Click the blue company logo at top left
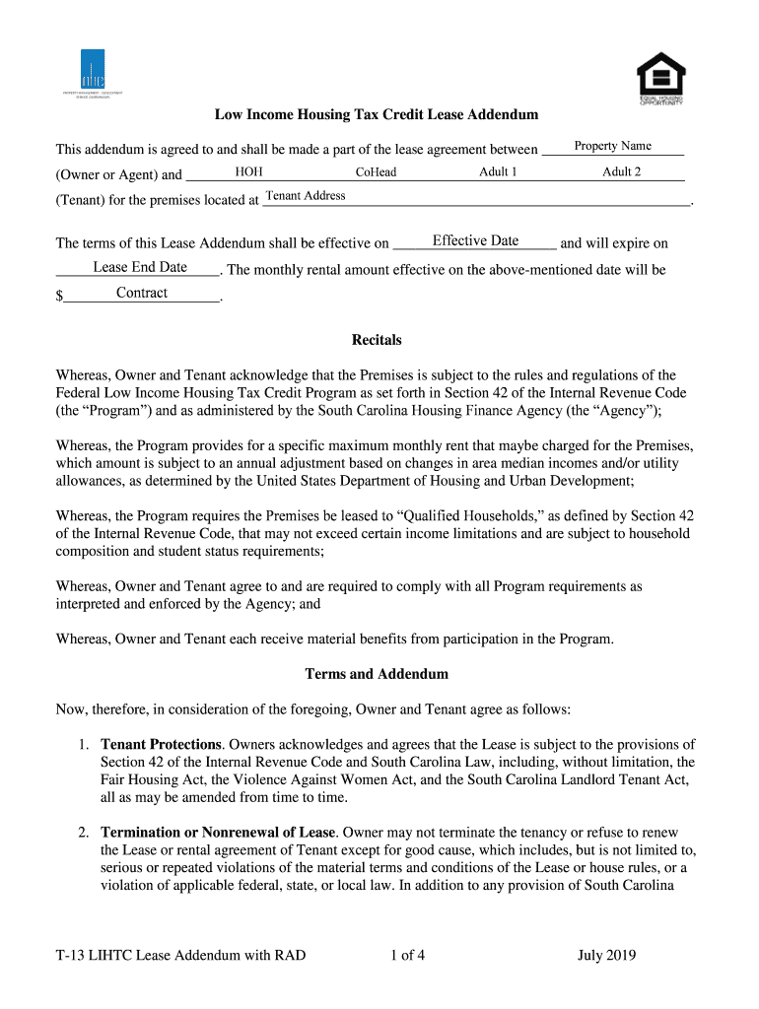92,70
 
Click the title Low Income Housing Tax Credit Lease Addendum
377,115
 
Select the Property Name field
613,147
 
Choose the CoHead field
376,172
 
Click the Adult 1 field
499,172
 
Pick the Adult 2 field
621,172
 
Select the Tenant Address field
306,196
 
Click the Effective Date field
475,241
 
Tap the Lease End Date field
140,268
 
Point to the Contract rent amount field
142,294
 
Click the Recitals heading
377,340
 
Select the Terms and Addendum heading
377,675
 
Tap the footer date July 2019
606,955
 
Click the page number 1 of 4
407,955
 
